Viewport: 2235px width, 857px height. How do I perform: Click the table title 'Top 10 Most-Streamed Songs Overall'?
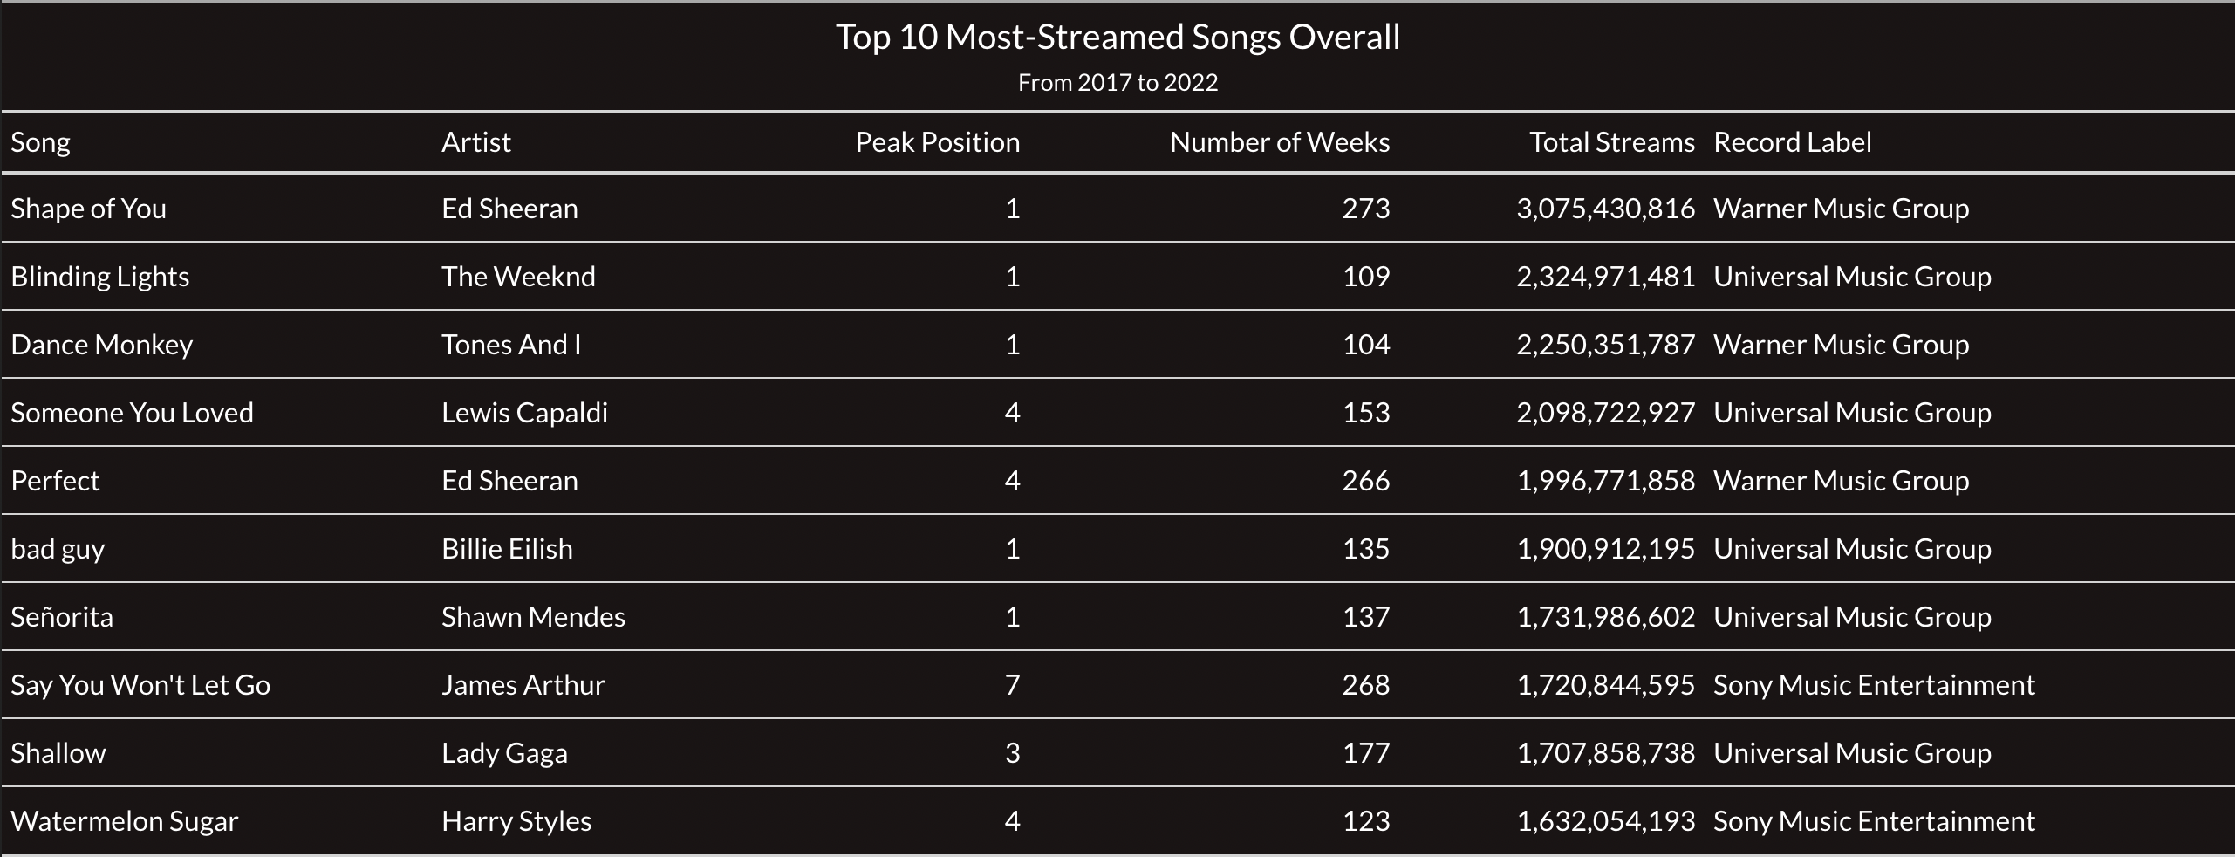tap(1117, 38)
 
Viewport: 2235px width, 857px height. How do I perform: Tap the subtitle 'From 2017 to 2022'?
tap(1117, 83)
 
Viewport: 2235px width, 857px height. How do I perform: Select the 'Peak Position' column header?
tap(937, 142)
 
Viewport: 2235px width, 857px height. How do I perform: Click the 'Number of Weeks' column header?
tap(1279, 142)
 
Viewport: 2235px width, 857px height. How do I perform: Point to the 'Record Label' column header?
tap(1792, 142)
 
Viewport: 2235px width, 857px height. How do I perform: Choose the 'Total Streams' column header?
tap(1611, 142)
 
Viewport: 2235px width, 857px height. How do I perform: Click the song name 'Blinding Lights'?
tap(100, 277)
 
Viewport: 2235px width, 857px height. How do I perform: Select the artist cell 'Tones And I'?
tap(511, 345)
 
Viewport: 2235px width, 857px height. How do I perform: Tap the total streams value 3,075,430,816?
tap(1605, 209)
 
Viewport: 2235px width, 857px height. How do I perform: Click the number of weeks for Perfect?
tap(1365, 481)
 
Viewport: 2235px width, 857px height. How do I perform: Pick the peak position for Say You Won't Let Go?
tap(1012, 685)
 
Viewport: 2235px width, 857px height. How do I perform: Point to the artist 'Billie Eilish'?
tap(507, 549)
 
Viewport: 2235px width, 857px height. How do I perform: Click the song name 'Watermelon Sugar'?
tap(124, 821)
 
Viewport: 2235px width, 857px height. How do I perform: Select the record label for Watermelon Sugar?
tap(1874, 821)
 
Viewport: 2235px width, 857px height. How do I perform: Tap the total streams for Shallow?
tap(1605, 753)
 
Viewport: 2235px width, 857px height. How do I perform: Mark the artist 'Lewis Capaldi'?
tap(524, 413)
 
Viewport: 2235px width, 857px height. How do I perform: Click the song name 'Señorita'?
tap(62, 617)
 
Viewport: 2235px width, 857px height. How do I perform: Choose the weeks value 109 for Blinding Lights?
tap(1365, 277)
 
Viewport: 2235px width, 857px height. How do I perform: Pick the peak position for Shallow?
tap(1012, 753)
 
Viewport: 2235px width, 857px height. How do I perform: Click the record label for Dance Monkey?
tap(1841, 345)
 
